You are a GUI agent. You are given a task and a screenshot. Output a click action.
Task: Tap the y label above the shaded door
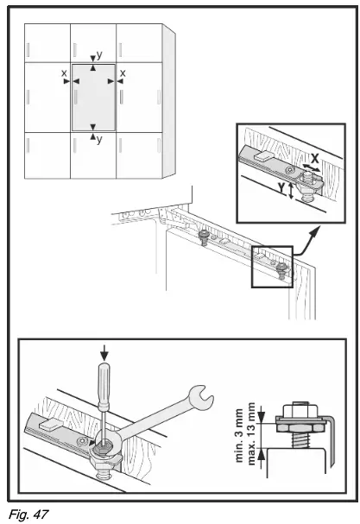click(99, 54)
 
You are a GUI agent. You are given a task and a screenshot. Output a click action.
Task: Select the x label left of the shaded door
click(64, 74)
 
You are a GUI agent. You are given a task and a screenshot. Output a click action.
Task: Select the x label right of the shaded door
click(123, 74)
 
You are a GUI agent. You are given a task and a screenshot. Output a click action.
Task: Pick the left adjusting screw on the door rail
click(204, 235)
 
